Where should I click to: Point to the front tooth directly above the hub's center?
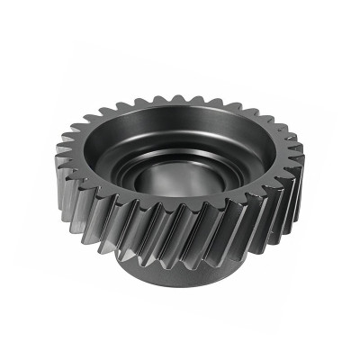(180, 229)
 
